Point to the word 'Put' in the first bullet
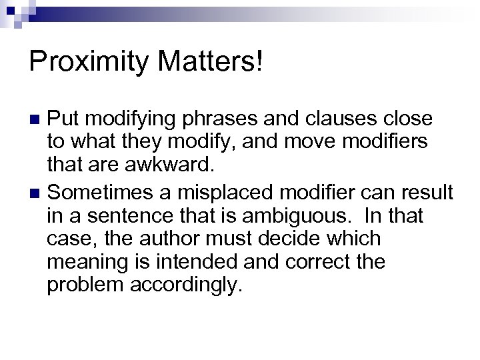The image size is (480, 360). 64,120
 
